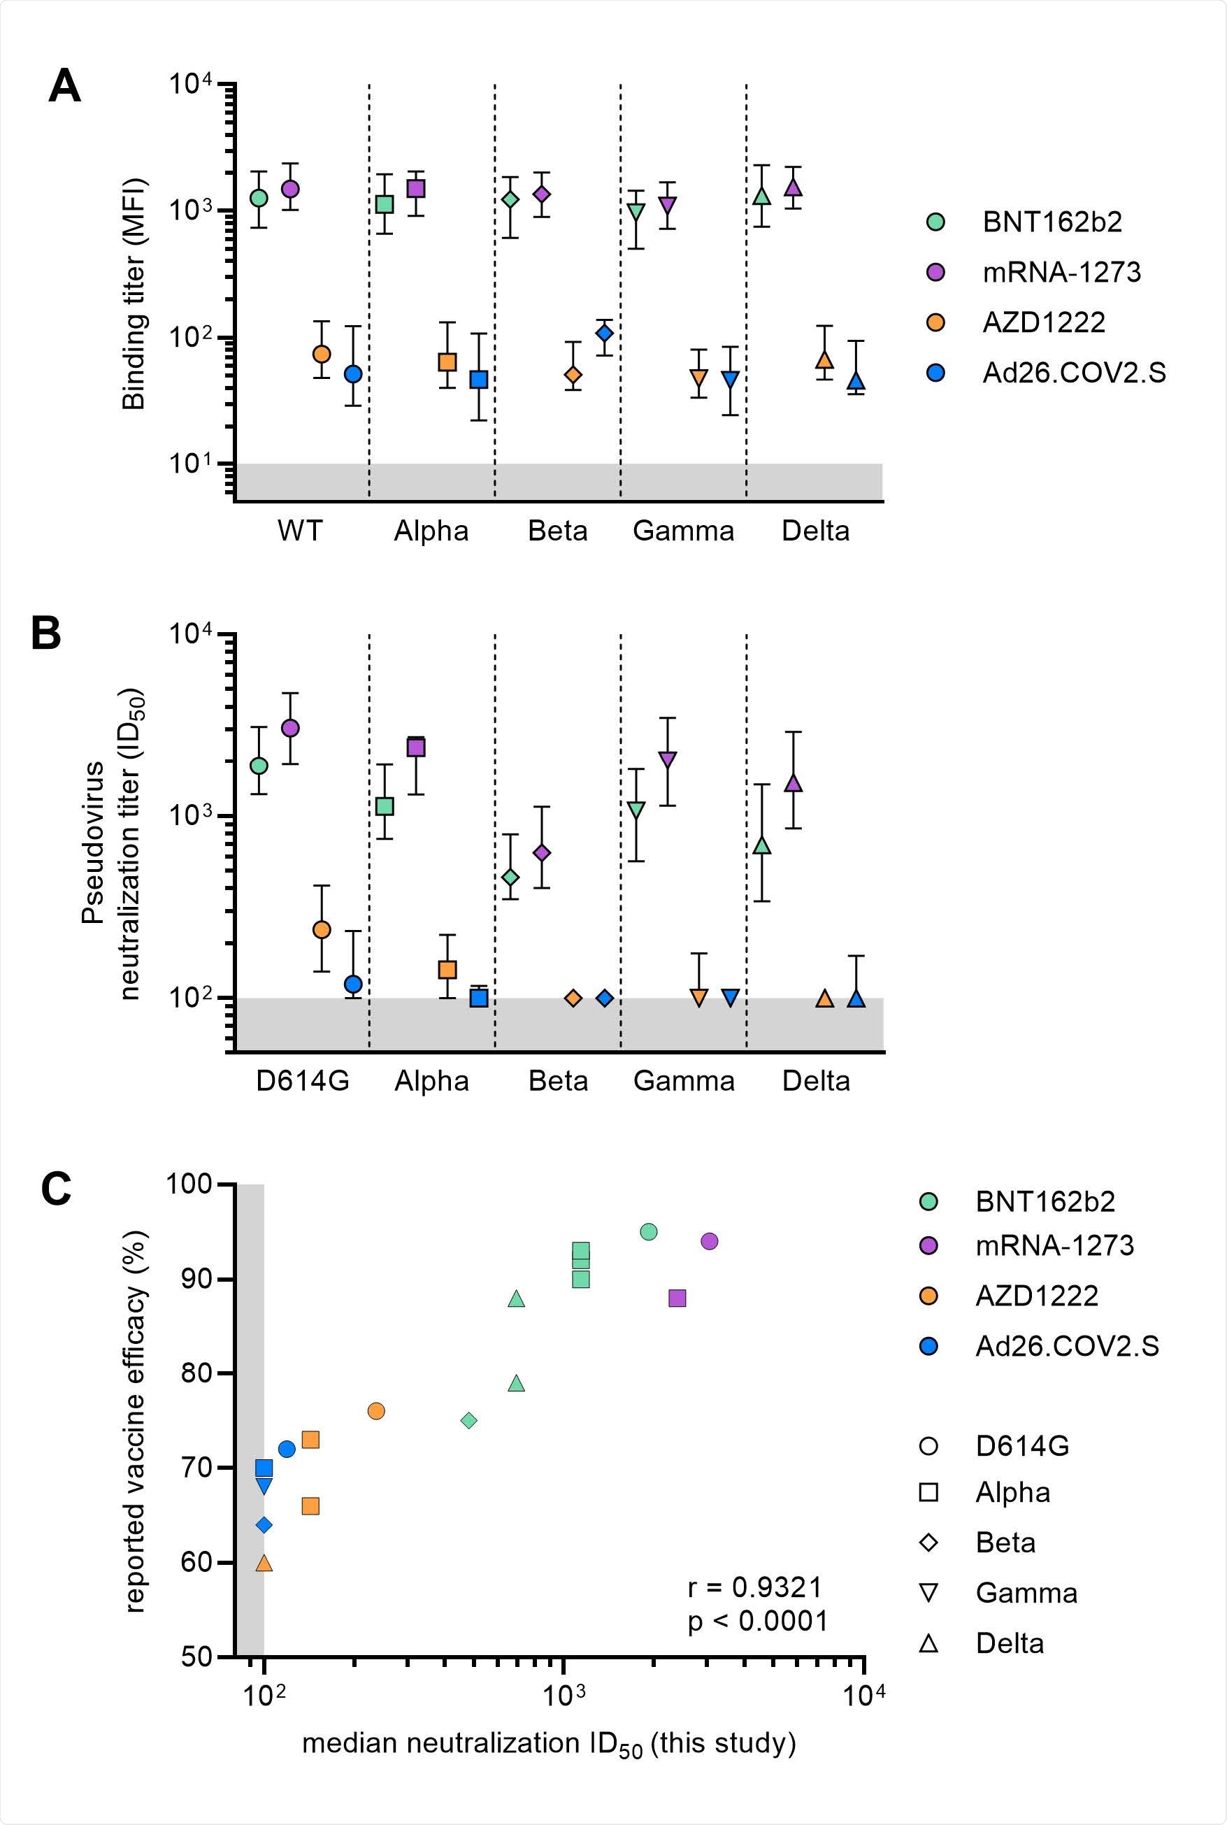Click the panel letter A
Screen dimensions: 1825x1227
(x=64, y=86)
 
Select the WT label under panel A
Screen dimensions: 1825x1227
(x=300, y=531)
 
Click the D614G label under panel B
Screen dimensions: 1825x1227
(x=302, y=1081)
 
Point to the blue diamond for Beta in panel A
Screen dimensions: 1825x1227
(x=604, y=334)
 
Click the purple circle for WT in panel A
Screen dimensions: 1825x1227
(x=290, y=189)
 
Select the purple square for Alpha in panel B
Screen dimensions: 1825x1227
(x=415, y=747)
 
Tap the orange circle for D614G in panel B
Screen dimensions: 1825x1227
(x=322, y=930)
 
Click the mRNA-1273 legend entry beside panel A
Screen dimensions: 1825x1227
(x=1061, y=272)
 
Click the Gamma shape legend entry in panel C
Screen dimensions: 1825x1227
(x=1026, y=1594)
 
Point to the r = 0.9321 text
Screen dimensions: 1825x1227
(x=755, y=1588)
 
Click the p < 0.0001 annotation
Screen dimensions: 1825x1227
(x=757, y=1621)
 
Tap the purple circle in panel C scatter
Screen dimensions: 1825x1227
(x=709, y=1241)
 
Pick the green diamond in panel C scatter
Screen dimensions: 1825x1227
(x=468, y=1420)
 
